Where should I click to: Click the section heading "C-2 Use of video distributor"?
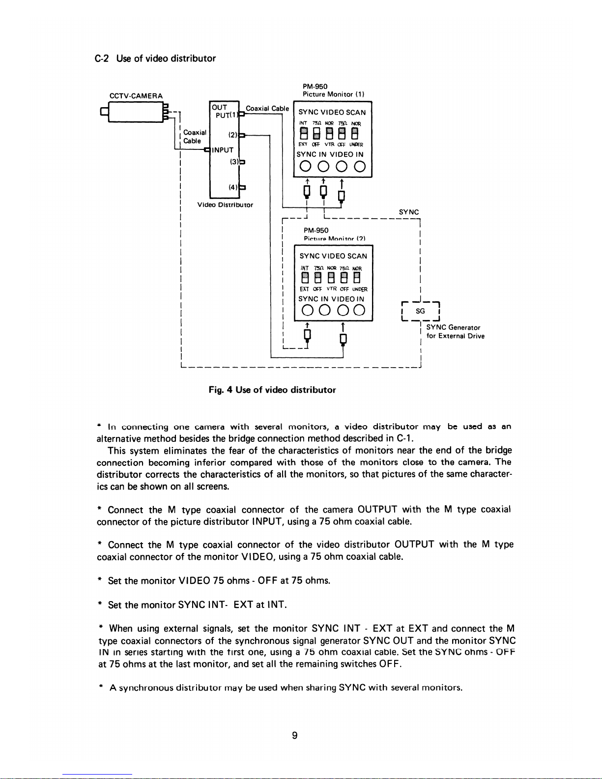155,58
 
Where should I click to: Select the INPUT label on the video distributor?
223,150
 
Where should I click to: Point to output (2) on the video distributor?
233,134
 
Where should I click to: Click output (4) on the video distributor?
233,187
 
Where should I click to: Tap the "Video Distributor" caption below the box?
225,205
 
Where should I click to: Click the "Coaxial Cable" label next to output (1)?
267,109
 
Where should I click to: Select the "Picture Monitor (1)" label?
333,94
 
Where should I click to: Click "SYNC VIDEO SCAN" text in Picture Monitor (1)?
332,113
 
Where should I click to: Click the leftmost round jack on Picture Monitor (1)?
305,167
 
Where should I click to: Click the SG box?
420,312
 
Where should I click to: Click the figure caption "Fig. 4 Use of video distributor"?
272,390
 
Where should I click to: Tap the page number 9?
294,735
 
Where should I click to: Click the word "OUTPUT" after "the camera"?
377,509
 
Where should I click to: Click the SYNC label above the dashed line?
409,212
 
